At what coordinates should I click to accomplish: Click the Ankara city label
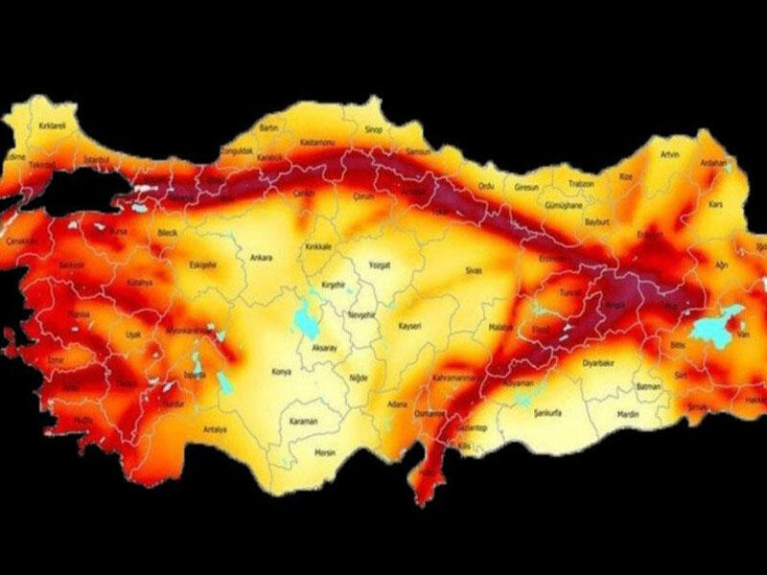[x=261, y=258]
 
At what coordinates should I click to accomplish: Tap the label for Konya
[x=282, y=371]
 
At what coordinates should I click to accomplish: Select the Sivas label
[x=472, y=272]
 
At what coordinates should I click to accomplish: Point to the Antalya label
[x=215, y=429]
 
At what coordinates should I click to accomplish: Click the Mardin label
[x=628, y=415]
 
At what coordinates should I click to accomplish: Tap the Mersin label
[x=327, y=452]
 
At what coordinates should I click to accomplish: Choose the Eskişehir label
[x=202, y=264]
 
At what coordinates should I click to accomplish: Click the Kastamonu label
[x=315, y=142]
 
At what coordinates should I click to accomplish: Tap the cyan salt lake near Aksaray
[x=309, y=315]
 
